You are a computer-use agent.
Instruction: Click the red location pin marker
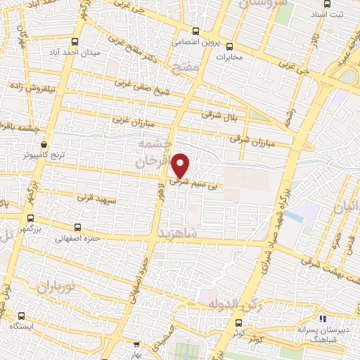pyautogui.click(x=181, y=165)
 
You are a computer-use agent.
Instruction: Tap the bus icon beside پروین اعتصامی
pyautogui.click(x=196, y=31)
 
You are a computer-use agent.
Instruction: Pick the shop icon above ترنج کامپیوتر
pyautogui.click(x=45, y=141)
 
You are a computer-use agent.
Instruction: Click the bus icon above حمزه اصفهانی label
pyautogui.click(x=77, y=228)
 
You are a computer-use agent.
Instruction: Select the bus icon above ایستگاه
pyautogui.click(x=22, y=316)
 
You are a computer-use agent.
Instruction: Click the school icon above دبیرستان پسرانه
pyautogui.click(x=322, y=319)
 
